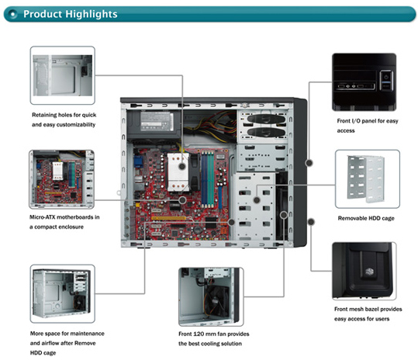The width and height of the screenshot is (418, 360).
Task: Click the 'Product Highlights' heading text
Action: point(71,14)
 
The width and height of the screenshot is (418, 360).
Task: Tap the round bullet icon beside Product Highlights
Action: point(12,14)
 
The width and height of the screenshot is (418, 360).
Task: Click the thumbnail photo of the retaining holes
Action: point(63,75)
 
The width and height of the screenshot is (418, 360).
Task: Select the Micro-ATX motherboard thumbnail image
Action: point(61,179)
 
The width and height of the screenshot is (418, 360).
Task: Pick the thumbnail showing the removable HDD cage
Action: point(368,179)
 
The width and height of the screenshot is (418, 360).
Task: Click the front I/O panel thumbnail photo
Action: point(364,82)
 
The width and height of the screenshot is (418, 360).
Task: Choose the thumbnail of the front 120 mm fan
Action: point(211,297)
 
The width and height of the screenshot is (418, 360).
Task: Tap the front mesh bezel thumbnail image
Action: point(364,272)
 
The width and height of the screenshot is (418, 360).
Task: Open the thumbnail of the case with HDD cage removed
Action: point(63,294)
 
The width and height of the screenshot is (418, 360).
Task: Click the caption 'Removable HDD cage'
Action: point(366,218)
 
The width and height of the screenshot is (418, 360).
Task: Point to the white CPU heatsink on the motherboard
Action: point(178,172)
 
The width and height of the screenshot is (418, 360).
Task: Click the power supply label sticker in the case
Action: point(157,121)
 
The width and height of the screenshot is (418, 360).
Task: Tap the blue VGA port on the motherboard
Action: point(138,162)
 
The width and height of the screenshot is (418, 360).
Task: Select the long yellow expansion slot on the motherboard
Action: point(168,218)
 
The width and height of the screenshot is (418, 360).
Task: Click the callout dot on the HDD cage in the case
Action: point(257,199)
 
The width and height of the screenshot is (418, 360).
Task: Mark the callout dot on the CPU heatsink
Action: point(182,166)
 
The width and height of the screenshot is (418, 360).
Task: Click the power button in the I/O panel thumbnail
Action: point(385,77)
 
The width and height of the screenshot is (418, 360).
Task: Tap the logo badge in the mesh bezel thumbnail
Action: point(369,272)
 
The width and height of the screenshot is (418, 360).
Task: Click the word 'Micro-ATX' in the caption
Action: point(42,217)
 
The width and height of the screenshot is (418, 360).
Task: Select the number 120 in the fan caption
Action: point(199,334)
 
